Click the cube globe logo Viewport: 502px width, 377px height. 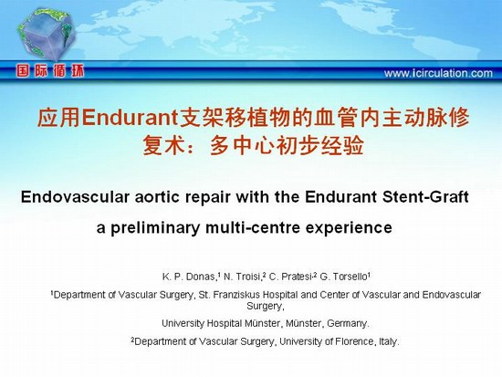click(x=47, y=34)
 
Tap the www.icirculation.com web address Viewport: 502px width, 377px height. click(x=438, y=73)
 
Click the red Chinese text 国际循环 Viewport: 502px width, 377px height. click(x=50, y=71)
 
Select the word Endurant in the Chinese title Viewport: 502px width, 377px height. click(x=130, y=118)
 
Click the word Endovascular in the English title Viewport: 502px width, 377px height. click(x=75, y=196)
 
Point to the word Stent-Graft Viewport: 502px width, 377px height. click(x=425, y=196)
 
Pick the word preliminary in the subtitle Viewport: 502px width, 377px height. click(x=155, y=228)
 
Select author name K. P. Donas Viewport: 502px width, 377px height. click(x=189, y=277)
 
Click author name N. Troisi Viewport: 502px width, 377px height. click(x=242, y=277)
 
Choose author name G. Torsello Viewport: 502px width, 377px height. click(x=343, y=277)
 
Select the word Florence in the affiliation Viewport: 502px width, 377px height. click(x=354, y=341)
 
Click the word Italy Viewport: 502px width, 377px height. click(x=389, y=341)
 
